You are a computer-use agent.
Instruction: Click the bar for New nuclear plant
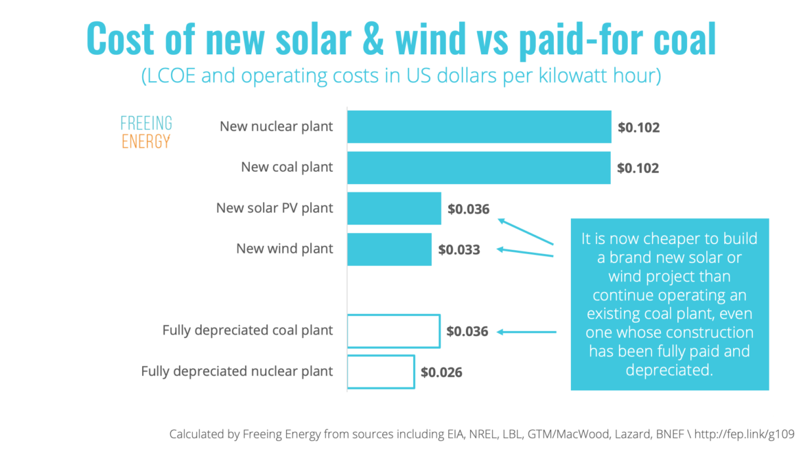tap(478, 127)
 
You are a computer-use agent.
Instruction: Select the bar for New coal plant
tap(478, 168)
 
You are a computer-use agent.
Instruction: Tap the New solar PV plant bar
tap(394, 208)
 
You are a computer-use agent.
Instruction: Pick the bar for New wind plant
tap(389, 249)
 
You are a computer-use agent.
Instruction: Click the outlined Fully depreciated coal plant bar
tap(393, 330)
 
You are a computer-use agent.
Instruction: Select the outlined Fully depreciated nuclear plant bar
tap(381, 372)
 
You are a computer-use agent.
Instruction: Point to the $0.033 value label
tap(459, 250)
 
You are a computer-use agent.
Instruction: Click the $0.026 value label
tap(441, 372)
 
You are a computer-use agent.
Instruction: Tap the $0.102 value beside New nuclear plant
tap(638, 128)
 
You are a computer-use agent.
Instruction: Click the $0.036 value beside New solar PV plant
tap(468, 209)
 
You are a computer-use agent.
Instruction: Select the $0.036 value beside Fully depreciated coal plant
tap(467, 331)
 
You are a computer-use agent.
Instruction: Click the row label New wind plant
tap(284, 249)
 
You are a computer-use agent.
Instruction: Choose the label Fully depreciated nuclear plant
tap(237, 372)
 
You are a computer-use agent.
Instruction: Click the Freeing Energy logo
tap(146, 133)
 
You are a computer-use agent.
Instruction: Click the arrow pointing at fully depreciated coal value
tap(526, 332)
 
